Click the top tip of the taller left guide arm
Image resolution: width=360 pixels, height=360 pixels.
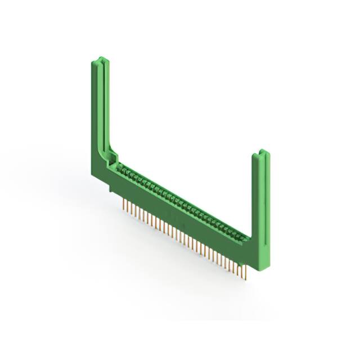click(98, 57)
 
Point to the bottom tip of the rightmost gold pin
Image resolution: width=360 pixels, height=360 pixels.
click(246, 278)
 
